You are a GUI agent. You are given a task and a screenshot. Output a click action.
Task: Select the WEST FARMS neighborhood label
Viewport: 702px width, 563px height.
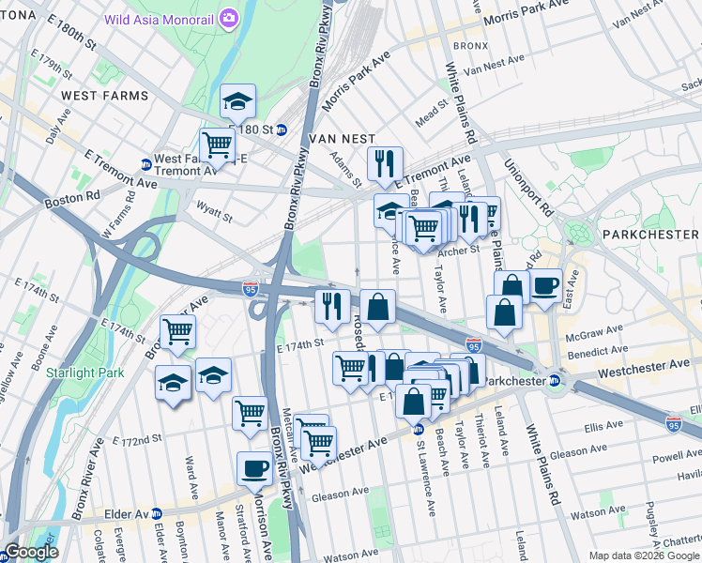(x=104, y=96)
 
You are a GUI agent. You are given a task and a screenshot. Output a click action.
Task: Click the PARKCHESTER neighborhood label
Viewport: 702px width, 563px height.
(x=650, y=233)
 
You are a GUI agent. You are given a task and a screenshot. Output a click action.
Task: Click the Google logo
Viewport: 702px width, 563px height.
(x=30, y=552)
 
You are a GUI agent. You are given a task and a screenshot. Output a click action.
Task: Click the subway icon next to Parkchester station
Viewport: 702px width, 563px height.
(x=555, y=381)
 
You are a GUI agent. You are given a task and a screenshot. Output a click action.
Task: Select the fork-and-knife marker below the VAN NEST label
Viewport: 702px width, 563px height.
(x=385, y=163)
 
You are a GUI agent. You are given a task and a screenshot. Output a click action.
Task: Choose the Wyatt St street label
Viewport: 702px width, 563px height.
(x=214, y=213)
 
